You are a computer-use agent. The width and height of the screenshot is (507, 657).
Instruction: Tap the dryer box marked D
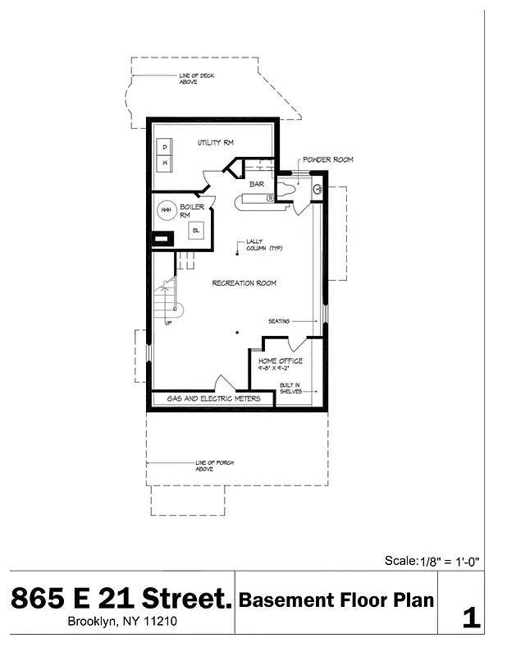point(166,147)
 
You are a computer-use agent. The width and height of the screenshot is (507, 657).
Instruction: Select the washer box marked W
point(166,163)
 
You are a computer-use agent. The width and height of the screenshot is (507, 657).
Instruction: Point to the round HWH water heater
point(166,210)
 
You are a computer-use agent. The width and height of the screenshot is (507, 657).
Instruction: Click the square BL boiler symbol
point(196,231)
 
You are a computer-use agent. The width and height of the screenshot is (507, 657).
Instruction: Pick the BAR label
point(256,184)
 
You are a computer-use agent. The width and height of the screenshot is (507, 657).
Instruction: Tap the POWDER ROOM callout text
point(327,159)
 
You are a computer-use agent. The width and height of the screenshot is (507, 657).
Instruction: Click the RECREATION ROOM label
point(244,283)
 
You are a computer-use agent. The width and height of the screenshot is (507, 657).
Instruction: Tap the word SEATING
point(279,321)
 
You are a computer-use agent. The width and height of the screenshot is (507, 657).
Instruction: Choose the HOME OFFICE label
point(280,361)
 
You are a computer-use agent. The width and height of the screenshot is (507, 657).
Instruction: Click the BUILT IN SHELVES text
point(289,388)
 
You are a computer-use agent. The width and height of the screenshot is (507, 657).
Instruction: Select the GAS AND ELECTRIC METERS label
point(214,398)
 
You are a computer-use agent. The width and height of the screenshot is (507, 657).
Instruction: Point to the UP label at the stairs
point(169,323)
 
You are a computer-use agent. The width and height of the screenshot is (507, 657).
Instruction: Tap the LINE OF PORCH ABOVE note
point(214,466)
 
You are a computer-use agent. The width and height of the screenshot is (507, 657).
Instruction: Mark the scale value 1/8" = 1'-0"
point(450,562)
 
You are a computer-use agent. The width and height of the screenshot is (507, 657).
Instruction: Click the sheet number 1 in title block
point(471,618)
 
